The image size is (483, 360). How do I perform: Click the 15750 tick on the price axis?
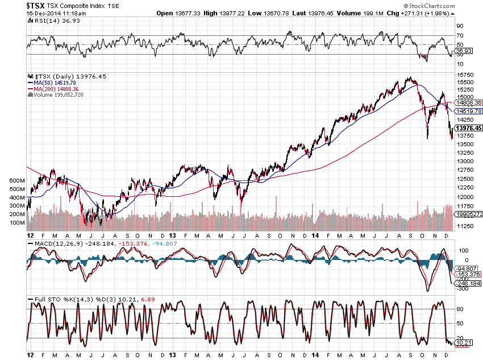[467, 75]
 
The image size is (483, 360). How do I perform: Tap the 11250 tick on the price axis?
[467, 226]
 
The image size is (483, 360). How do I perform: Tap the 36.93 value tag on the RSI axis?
[464, 51]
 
